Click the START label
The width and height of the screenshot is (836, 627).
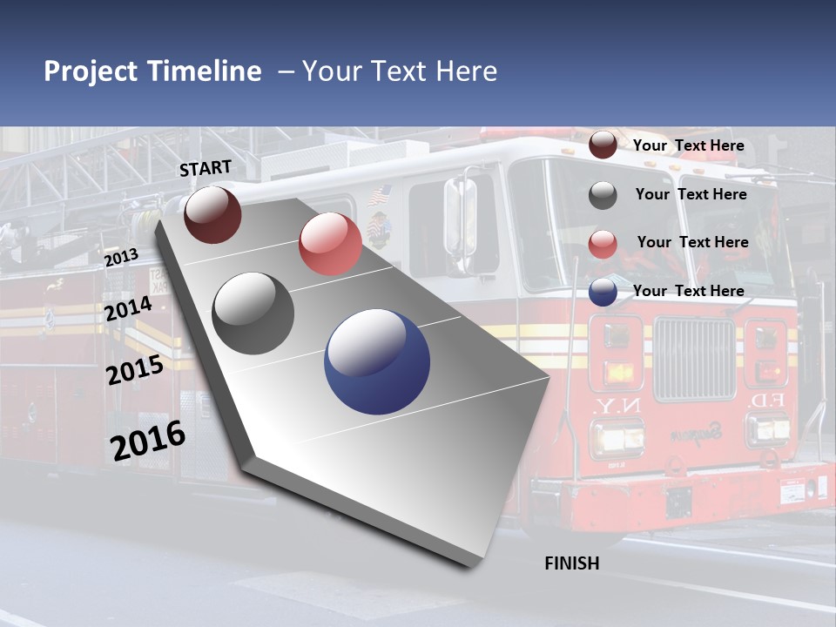[206, 168]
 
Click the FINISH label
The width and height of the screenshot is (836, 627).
[572, 563]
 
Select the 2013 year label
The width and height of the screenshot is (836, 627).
[121, 258]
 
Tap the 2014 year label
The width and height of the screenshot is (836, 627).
[128, 309]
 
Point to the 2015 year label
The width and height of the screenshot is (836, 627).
[135, 370]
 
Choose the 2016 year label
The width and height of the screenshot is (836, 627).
[148, 441]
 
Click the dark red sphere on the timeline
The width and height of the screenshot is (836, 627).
[213, 214]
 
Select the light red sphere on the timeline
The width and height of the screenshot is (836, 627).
[330, 244]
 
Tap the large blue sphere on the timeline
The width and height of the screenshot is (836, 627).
[377, 361]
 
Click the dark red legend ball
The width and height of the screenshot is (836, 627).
[603, 145]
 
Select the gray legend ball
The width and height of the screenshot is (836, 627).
[603, 195]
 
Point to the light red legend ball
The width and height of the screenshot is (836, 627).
[603, 244]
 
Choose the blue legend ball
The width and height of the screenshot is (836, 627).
[603, 292]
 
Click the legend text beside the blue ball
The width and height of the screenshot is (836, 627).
[689, 291]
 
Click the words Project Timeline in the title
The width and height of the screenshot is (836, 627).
[152, 71]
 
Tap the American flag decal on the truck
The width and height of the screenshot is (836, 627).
[380, 194]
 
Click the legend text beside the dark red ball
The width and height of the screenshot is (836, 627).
[689, 145]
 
